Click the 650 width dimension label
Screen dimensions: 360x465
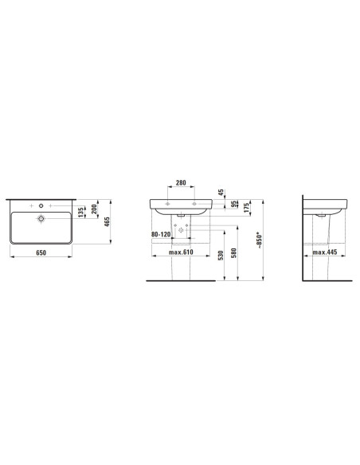coord(41,252)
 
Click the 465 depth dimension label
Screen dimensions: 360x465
coord(107,221)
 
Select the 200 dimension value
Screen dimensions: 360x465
coord(94,209)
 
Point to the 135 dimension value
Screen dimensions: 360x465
coord(81,213)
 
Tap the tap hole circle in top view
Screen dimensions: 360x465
coord(41,205)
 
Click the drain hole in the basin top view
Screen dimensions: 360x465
coord(41,219)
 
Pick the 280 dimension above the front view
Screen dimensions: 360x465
coord(181,182)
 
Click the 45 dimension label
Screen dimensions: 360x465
coord(221,193)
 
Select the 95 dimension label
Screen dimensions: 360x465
coord(234,204)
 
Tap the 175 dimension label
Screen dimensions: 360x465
coord(246,208)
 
